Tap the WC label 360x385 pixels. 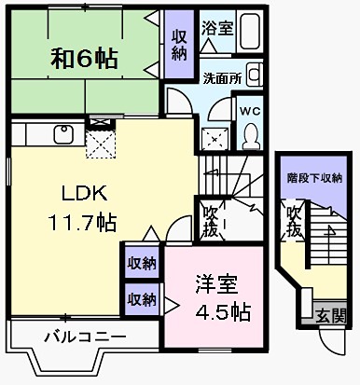(x=251, y=110)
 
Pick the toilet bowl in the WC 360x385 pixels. (x=250, y=136)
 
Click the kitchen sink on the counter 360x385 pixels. (x=62, y=134)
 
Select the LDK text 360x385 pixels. (x=85, y=194)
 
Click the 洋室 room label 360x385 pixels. (x=213, y=281)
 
